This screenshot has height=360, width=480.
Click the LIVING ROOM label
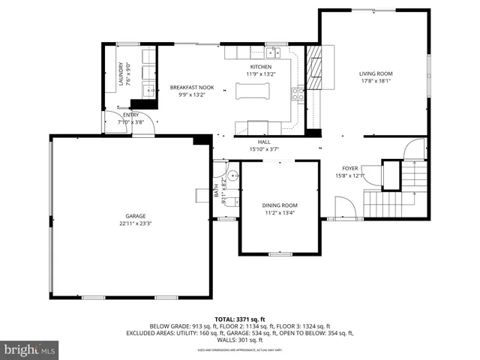[376, 73]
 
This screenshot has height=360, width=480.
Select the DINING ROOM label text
[280, 205]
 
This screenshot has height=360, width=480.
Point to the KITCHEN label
[261, 67]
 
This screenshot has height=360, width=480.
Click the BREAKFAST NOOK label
[191, 88]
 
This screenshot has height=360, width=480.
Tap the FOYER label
[350, 168]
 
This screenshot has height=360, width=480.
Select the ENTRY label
[130, 115]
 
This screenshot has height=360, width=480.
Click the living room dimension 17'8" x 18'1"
[376, 81]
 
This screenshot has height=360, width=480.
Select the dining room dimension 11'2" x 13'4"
[280, 213]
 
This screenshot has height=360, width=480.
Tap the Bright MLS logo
[31, 349]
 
